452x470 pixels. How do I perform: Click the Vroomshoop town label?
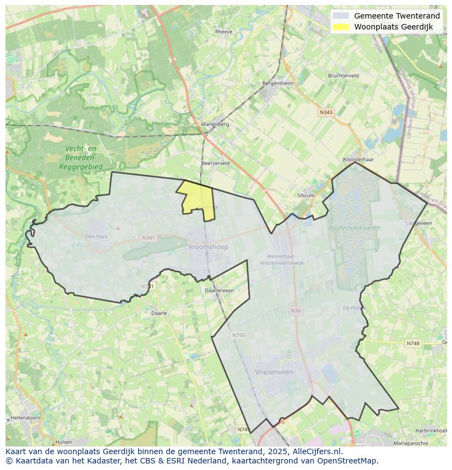pyautogui.click(x=208, y=247)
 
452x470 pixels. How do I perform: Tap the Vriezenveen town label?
pyautogui.click(x=274, y=372)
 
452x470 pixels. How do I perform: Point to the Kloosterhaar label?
pyautogui.click(x=358, y=159)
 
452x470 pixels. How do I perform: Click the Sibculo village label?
pyautogui.click(x=306, y=195)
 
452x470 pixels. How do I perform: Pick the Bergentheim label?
pyautogui.click(x=278, y=84)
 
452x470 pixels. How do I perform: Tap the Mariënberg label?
pyautogui.click(x=215, y=124)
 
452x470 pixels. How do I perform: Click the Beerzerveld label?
pyautogui.click(x=215, y=163)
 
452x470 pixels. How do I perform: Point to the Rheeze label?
pyautogui.click(x=224, y=32)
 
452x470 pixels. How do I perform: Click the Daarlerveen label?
pyautogui.click(x=219, y=290)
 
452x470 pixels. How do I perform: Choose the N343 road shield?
pyautogui.click(x=326, y=112)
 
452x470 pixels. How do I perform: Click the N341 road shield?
pyautogui.click(x=148, y=238)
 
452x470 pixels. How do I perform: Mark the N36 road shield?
pyautogui.click(x=295, y=311)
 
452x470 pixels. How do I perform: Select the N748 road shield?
pyautogui.click(x=413, y=343)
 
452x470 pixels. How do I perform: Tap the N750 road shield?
pyautogui.click(x=239, y=335)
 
